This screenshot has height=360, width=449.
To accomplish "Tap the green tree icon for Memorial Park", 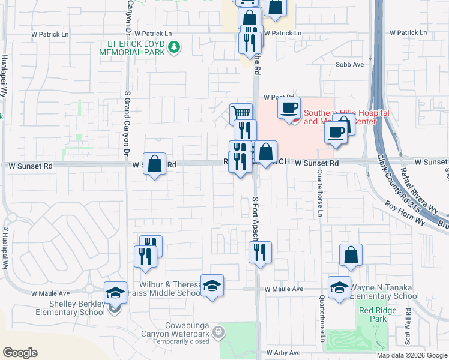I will point(174,46).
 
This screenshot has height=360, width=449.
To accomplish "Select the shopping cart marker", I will point(241,113).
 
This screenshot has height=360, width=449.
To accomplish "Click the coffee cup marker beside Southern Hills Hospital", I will point(289,108).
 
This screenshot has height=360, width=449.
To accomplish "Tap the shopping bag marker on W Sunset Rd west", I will point(154,163).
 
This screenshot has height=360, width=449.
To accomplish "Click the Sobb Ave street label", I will point(350,64).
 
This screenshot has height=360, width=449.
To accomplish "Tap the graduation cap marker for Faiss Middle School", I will point(212,286).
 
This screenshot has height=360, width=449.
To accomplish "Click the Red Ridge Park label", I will point(373,314).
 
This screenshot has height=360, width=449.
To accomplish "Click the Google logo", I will point(20,353).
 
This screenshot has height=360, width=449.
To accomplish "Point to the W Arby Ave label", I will point(283,353).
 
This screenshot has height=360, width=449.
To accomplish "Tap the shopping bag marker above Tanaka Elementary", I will point(351,255).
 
